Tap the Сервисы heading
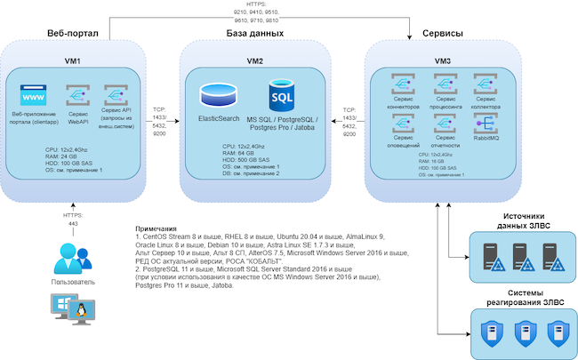click(x=441, y=33)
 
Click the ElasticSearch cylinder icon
click(x=217, y=93)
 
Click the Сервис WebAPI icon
click(x=77, y=96)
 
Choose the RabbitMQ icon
click(x=486, y=124)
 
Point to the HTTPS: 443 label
click(x=74, y=219)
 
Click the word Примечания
click(x=157, y=229)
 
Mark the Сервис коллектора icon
click(x=486, y=84)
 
